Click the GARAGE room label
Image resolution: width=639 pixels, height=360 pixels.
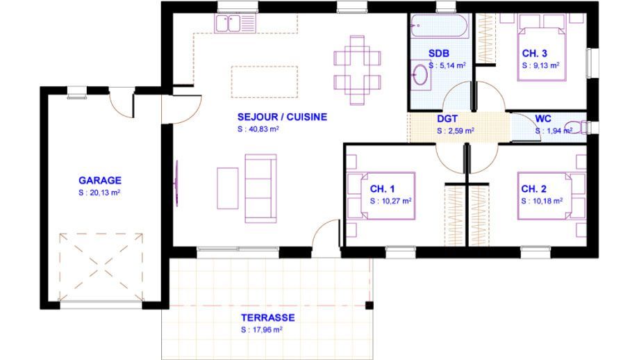coord(100,180)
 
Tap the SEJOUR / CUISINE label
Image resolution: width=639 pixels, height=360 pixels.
coord(282,117)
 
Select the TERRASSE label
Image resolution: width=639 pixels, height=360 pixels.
coord(267,317)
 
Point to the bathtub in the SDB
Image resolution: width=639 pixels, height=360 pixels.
coord(439,26)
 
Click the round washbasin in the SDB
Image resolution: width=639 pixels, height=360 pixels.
coord(420,74)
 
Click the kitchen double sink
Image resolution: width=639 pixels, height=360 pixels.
coord(229,24)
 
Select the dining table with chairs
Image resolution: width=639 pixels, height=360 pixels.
coord(357,70)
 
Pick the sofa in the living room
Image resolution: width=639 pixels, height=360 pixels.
coord(261,188)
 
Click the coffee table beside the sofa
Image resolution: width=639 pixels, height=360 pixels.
coord(227,188)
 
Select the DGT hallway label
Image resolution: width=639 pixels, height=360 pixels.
coord(447,119)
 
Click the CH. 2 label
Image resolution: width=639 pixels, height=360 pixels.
coord(533,189)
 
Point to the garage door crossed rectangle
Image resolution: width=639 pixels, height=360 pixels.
coord(101,267)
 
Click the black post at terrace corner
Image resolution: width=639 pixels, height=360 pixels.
coord(370,305)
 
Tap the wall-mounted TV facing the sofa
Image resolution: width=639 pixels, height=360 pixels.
coord(176,183)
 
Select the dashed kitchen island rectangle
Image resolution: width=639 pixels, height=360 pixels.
coord(265,82)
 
